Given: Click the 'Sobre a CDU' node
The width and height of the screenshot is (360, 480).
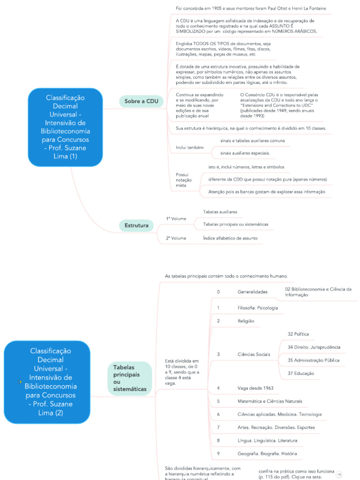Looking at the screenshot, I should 141,101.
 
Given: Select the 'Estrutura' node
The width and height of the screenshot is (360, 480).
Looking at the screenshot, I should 136,226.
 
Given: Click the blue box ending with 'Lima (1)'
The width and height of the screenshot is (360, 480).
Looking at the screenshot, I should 65,127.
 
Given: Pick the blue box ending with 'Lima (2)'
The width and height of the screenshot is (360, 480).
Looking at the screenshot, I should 46,382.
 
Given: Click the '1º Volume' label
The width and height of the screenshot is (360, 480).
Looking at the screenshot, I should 176,218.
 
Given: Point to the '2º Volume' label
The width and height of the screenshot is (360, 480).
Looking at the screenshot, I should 176,238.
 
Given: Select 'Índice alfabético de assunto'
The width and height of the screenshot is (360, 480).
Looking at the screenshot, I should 230,238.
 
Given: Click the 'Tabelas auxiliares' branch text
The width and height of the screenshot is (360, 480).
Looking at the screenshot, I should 220,212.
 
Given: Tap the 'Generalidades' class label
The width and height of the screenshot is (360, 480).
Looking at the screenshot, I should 252,292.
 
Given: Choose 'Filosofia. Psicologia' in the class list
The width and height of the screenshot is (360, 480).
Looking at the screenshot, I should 257,307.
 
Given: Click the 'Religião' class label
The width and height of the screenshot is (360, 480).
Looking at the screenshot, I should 246,321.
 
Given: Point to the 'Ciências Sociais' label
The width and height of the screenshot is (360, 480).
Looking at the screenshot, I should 254,354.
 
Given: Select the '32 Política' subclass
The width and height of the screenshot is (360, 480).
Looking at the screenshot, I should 298,334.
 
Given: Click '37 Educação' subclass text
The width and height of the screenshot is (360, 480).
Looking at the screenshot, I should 300,373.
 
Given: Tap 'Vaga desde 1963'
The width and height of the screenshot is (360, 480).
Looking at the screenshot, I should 255,388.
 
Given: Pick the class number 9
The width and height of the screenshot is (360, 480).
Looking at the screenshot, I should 218,454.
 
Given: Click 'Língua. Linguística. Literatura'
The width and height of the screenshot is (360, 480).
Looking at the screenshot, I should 267,441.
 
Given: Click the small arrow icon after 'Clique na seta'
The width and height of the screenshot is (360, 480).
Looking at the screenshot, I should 339,474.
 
